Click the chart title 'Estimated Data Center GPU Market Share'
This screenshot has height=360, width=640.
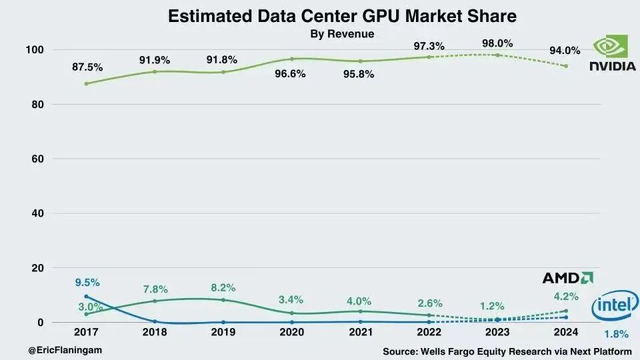tap(342, 16)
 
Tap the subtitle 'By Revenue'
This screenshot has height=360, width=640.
tap(342, 34)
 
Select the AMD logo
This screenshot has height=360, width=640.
tap(567, 277)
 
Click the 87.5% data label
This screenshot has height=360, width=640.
tap(87, 67)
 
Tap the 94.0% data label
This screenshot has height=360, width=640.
tap(564, 50)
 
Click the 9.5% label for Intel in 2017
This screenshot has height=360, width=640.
tap(87, 282)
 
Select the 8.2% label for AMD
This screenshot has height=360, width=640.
tap(223, 287)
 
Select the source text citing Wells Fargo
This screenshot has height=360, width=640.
tap(507, 351)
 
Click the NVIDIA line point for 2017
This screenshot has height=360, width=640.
tap(87, 83)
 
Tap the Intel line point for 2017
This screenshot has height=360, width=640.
tap(87, 297)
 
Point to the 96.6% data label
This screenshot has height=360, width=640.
tap(292, 74)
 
